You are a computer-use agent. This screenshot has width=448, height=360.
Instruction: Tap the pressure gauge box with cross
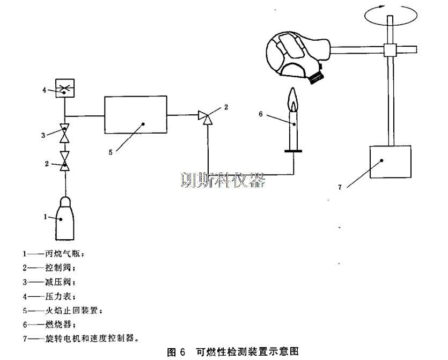tap(65, 88)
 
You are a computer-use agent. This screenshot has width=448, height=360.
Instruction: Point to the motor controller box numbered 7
tap(391, 162)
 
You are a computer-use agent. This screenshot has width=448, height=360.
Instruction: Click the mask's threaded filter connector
tap(317, 78)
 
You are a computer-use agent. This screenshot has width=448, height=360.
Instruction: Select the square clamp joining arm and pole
tap(390, 50)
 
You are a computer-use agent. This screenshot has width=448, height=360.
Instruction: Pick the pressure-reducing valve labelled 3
tap(65, 133)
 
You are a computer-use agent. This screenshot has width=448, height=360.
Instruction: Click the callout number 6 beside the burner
tap(261, 113)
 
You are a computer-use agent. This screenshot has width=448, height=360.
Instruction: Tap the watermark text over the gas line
tap(223, 180)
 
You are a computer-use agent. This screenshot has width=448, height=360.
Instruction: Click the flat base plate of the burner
tap(293, 152)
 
